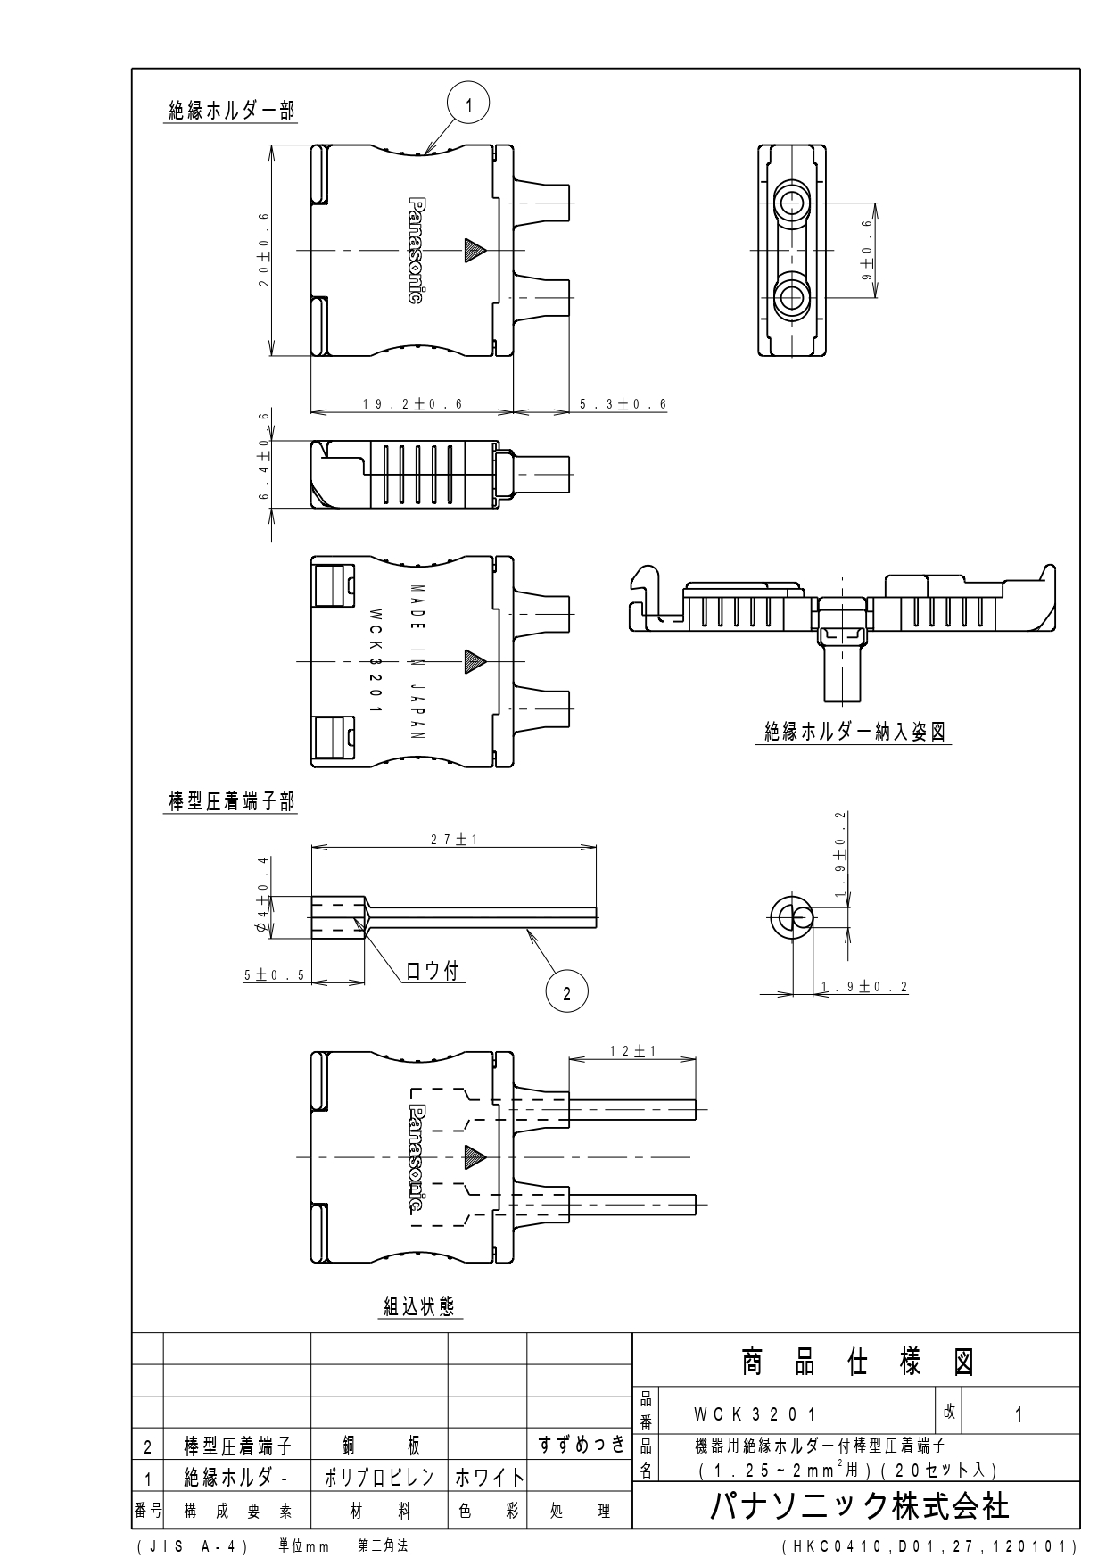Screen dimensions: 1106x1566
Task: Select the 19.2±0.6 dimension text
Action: [412, 404]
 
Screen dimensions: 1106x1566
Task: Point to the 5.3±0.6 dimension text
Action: [623, 404]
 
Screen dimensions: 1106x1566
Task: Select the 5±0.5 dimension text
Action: [275, 975]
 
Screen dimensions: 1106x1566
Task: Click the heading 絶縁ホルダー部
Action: [232, 110]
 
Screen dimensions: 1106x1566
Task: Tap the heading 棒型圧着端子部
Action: [232, 801]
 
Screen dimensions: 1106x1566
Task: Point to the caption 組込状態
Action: [419, 1306]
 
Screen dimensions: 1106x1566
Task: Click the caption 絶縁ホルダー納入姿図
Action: [855, 732]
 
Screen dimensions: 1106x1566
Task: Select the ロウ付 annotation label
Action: [433, 971]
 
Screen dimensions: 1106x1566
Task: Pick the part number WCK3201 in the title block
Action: [755, 1415]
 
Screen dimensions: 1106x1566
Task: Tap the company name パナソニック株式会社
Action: [860, 1506]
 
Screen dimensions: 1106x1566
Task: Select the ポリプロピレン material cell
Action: [379, 1477]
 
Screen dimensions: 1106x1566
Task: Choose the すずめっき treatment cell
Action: [580, 1445]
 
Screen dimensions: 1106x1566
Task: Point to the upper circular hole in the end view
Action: [788, 202]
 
